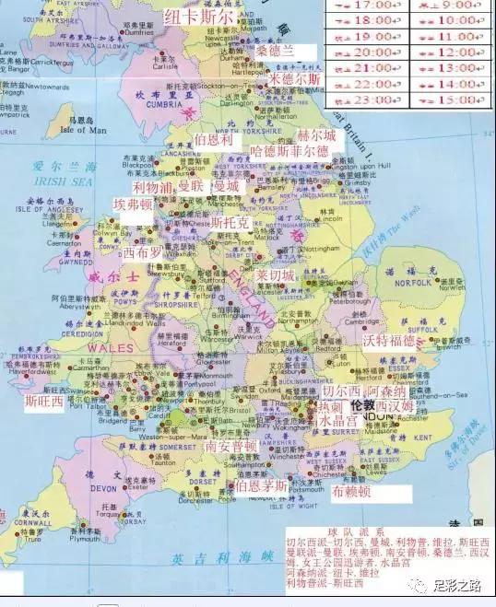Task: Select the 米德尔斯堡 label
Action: click(295, 79)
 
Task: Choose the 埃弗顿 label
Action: click(133, 204)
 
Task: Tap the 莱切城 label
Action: click(276, 275)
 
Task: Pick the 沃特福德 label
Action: click(389, 341)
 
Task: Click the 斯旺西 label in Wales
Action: click(43, 402)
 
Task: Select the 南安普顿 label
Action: click(230, 446)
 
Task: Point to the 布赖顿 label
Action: click(351, 492)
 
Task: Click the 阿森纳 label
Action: click(381, 391)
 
